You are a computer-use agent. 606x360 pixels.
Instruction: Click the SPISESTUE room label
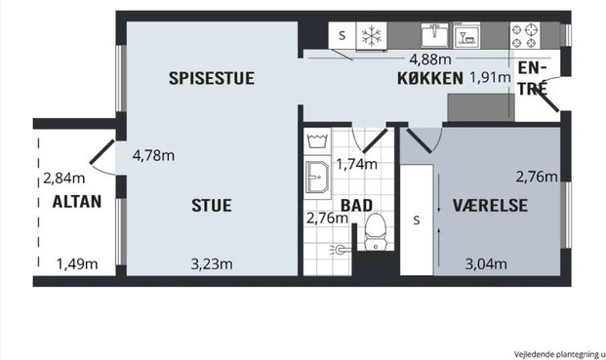211,79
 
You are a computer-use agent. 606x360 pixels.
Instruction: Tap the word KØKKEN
427,79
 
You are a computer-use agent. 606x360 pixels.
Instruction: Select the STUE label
212,205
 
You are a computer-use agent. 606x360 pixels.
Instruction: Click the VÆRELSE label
490,205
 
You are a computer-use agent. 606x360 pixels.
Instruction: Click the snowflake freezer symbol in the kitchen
370,36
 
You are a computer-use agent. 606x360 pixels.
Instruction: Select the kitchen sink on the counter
433,36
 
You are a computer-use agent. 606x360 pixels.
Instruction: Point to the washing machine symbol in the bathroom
316,141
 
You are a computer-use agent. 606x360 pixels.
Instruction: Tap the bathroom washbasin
316,180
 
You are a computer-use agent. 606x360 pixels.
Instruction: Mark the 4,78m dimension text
153,154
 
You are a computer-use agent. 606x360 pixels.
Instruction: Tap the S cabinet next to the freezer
342,36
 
